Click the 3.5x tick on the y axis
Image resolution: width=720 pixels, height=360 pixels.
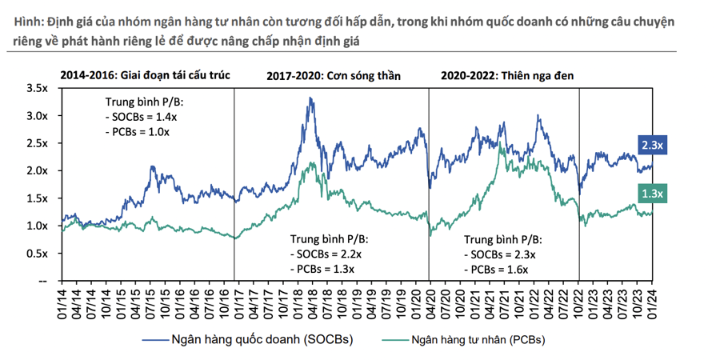pyautogui.click(x=38, y=88)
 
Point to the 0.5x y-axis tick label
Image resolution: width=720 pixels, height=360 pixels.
pyautogui.click(x=38, y=254)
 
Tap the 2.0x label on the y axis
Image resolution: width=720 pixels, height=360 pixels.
pyautogui.click(x=38, y=171)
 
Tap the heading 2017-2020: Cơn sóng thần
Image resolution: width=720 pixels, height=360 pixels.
pyautogui.click(x=333, y=76)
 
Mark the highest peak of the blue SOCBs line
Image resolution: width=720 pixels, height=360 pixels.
pyautogui.click(x=310, y=98)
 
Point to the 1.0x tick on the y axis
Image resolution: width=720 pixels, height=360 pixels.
pyautogui.click(x=38, y=226)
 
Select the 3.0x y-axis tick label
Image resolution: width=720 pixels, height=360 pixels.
pyautogui.click(x=38, y=116)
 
